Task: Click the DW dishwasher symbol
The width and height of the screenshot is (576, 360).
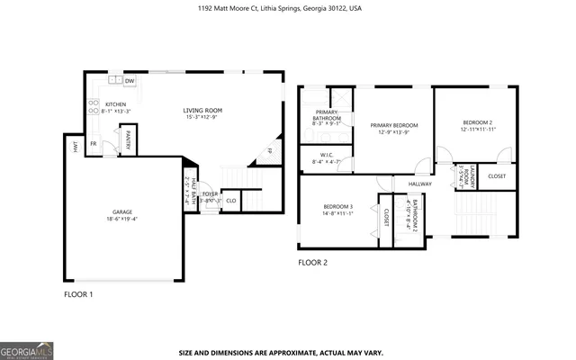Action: (x=130, y=82)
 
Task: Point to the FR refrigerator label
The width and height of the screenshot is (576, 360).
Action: (x=93, y=143)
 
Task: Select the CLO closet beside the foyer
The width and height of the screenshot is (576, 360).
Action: (x=231, y=201)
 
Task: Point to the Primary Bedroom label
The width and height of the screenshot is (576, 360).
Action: (x=395, y=128)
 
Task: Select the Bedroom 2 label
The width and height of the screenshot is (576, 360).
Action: (x=477, y=124)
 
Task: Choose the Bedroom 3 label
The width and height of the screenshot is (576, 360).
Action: (x=338, y=210)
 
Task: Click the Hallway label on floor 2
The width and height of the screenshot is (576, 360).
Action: (x=420, y=184)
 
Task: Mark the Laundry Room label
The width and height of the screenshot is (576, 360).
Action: (x=468, y=176)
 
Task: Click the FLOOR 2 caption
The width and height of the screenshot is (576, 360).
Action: (x=313, y=263)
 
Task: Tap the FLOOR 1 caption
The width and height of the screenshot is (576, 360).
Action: (x=77, y=294)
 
